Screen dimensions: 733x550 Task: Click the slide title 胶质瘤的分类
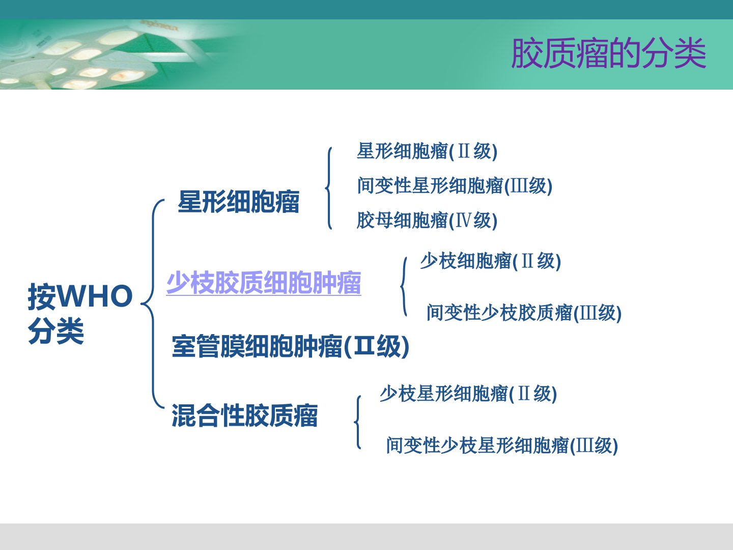[608, 53]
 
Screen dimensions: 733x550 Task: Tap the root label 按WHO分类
[80, 314]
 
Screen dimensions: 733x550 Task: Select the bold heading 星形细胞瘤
[238, 202]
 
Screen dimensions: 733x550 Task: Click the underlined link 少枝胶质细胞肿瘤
[264, 283]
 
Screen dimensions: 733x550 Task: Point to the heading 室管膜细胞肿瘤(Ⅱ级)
[291, 346]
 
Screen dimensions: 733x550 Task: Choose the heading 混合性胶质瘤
[244, 416]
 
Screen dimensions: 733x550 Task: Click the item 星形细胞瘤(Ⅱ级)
[427, 152]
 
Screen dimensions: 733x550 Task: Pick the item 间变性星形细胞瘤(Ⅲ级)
[455, 186]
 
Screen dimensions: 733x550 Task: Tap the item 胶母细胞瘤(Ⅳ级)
[427, 221]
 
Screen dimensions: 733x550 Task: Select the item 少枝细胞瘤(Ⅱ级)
[491, 261]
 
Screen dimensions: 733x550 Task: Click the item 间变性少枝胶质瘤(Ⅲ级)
[524, 313]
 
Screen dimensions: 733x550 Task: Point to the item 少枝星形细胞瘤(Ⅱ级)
[468, 394]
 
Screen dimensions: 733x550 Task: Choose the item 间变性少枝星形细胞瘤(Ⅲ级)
[502, 446]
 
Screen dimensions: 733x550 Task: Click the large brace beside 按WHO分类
[153, 304]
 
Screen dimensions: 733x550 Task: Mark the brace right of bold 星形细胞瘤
[329, 188]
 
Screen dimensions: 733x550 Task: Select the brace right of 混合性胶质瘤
[358, 422]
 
